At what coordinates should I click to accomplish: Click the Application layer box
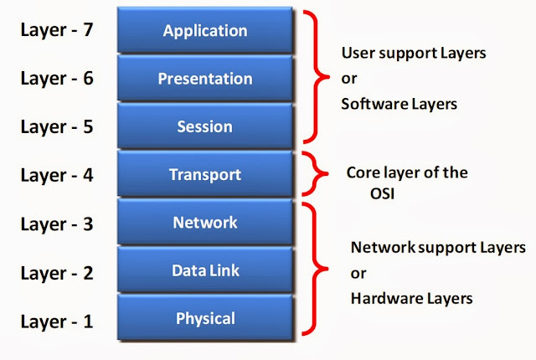tap(205, 31)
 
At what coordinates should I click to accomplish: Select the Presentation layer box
tap(205, 79)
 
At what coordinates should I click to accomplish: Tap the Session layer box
tap(205, 126)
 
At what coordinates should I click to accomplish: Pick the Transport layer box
tap(205, 174)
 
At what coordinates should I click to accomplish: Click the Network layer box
tap(205, 222)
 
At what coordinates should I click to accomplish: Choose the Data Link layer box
tap(205, 270)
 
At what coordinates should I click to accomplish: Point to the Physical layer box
tap(205, 317)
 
